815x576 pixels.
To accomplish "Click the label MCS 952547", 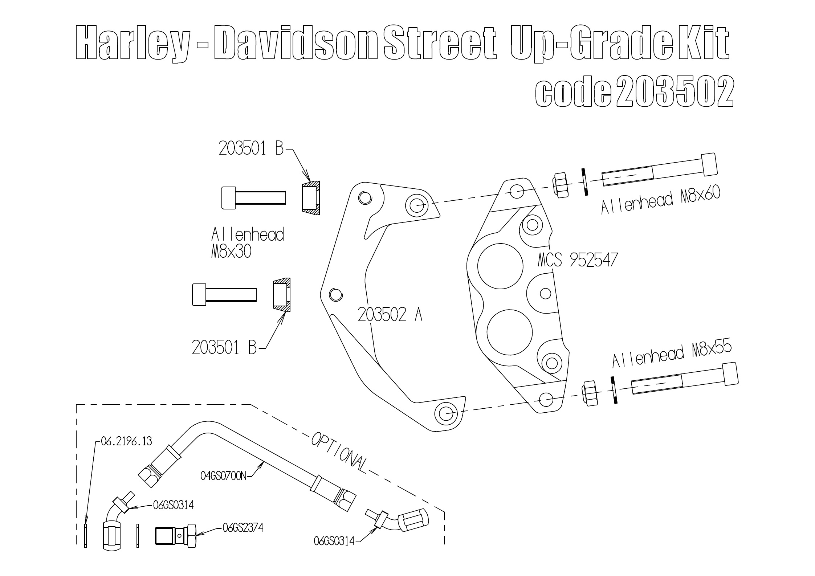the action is click(578, 260).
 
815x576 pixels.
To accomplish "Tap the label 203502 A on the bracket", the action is click(390, 314).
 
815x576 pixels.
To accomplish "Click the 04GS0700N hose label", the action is click(223, 476).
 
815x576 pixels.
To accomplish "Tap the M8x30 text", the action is click(231, 252).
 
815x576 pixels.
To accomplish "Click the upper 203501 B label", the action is click(251, 148).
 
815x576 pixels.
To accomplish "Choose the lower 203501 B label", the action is click(224, 348).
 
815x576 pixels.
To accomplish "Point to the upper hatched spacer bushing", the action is click(311, 198).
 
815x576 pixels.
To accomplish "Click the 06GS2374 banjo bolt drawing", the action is click(176, 535).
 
